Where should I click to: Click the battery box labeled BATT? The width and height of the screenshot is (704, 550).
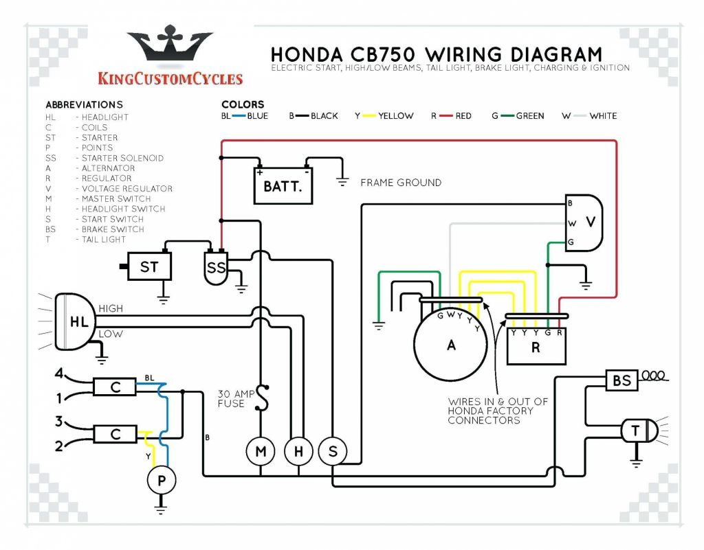click(283, 186)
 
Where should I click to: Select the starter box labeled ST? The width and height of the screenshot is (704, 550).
click(148, 266)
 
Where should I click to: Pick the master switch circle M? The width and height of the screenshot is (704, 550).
click(261, 451)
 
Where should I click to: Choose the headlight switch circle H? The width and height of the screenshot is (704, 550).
click(298, 451)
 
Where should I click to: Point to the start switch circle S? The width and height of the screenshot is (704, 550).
click(333, 451)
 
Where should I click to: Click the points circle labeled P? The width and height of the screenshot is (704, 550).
click(162, 481)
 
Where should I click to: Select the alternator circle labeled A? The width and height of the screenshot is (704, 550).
click(451, 345)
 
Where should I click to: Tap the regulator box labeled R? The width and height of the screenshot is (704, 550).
click(536, 347)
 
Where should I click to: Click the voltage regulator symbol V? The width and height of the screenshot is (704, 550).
click(584, 222)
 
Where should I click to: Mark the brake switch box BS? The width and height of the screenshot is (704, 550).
click(621, 380)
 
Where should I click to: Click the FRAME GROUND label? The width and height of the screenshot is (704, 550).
click(401, 183)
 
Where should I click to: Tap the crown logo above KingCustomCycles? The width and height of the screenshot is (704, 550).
click(170, 47)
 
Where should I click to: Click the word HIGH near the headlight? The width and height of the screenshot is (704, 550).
click(111, 308)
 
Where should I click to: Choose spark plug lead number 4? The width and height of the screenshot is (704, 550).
click(59, 374)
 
